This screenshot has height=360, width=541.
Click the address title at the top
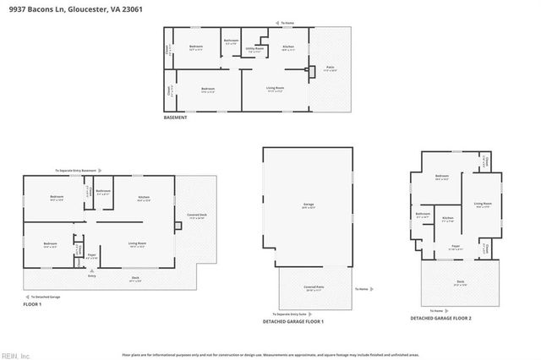point(60,8)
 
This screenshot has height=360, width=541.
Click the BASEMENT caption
point(175,117)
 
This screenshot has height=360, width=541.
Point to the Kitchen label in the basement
point(288,46)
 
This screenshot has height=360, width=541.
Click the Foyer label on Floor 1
point(92,254)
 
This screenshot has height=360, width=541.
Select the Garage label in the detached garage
point(309,205)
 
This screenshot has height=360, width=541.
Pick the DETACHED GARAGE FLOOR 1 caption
point(294,322)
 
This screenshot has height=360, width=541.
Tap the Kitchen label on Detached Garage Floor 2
point(448,219)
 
